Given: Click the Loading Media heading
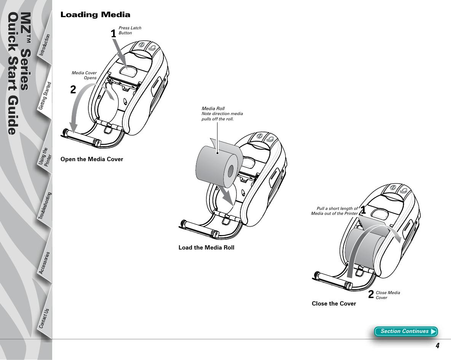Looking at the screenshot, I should click(x=95, y=15).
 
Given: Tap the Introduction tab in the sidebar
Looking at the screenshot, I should click(x=45, y=45).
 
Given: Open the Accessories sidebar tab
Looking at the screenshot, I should click(x=45, y=262).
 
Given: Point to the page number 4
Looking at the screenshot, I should click(x=438, y=346).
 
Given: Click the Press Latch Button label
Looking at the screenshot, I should click(x=130, y=30).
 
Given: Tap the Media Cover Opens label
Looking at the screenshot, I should click(x=84, y=75).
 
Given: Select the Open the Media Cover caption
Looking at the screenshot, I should click(x=92, y=159).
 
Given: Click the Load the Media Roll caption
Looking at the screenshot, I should click(x=206, y=248).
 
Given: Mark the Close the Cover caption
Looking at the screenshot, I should click(x=334, y=304).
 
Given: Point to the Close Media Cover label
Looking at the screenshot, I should click(x=388, y=295).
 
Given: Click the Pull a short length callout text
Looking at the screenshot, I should click(x=334, y=211).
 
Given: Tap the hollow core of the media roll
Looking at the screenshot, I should click(x=230, y=172).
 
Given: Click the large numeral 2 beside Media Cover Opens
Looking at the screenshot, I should click(x=73, y=90).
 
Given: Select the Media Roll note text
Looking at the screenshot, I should click(x=222, y=114).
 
